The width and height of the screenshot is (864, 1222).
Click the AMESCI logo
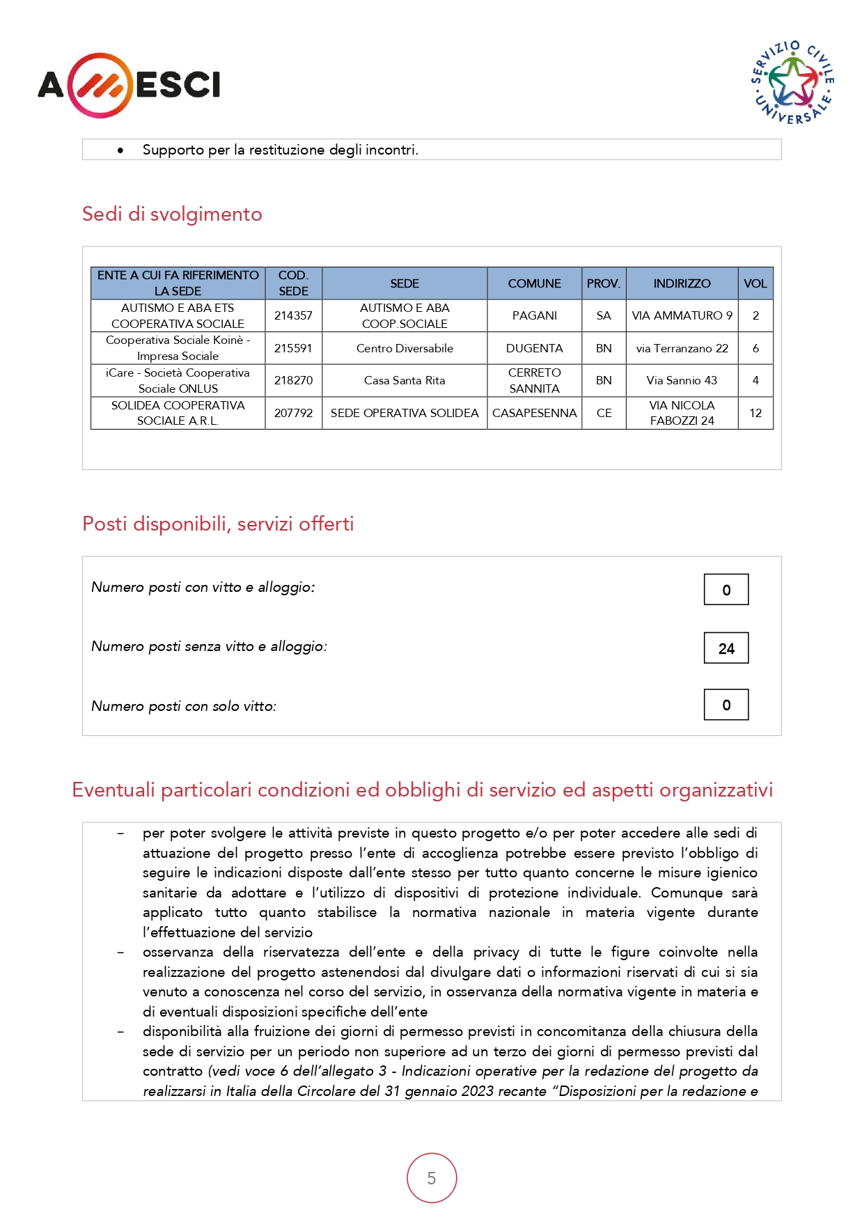click(129, 85)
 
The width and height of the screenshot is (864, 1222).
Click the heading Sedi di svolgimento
click(172, 214)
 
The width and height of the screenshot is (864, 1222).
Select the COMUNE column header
click(534, 283)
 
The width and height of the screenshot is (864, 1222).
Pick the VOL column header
click(755, 283)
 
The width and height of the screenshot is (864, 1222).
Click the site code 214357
click(293, 315)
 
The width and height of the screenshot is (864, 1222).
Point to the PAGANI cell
click(534, 315)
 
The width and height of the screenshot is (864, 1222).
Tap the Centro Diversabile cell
click(404, 348)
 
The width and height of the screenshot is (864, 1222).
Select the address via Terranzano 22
click(682, 348)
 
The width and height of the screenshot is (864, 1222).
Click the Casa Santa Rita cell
click(404, 380)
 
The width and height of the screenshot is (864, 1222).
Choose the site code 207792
click(293, 413)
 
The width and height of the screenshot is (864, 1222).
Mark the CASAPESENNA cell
click(534, 413)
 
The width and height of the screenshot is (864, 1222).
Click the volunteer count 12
click(755, 413)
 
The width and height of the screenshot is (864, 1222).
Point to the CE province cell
click(604, 413)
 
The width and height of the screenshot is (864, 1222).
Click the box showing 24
click(726, 648)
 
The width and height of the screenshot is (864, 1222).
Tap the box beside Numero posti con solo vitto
click(726, 705)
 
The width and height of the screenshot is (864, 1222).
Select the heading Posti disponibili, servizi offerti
click(218, 524)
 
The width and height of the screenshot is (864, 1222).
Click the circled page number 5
click(432, 1178)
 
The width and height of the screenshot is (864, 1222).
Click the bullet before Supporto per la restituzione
click(121, 150)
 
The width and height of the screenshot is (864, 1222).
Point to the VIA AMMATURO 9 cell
click(682, 315)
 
